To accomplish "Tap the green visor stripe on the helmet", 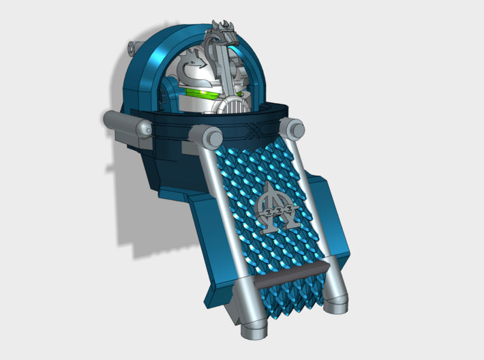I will pos(200,95).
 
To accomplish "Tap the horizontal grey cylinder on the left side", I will pos(123,123).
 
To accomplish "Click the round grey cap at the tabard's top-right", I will pos(292,127).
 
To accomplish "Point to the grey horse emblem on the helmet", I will pos(192,67).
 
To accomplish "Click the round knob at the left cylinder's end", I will pos(145,129).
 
